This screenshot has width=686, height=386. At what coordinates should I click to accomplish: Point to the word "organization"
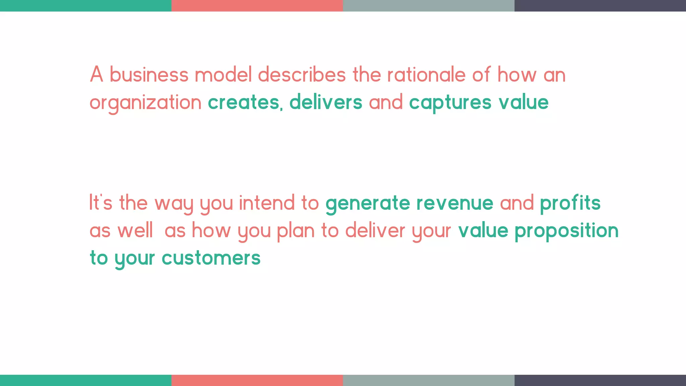point(145,103)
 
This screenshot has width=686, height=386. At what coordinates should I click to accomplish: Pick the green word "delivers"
point(326,102)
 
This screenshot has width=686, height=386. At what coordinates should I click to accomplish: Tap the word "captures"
point(450,103)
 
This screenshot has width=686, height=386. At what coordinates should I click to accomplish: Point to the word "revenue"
point(455,203)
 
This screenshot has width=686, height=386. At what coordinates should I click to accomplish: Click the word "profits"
point(570,204)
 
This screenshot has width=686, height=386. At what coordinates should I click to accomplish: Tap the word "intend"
point(267,203)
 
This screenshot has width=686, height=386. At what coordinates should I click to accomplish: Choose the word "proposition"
point(566,231)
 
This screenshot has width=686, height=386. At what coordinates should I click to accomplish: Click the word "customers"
point(211,258)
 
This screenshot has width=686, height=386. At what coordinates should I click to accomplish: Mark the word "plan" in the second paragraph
point(296,231)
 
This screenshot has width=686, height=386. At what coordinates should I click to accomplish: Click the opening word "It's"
point(101,203)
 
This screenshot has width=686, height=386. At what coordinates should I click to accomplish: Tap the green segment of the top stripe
point(85,6)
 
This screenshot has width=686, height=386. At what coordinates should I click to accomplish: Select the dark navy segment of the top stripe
point(600,6)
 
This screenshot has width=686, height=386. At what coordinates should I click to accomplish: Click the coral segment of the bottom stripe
point(257,380)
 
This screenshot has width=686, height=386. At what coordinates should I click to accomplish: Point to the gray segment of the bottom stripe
point(428,380)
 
